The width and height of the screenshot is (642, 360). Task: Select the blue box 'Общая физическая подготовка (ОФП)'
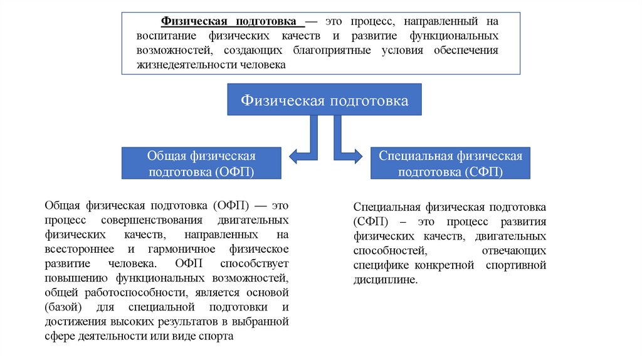click(201, 163)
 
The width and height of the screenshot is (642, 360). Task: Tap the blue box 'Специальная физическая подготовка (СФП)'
click(450, 163)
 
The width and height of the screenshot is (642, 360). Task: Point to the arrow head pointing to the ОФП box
click(294, 156)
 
